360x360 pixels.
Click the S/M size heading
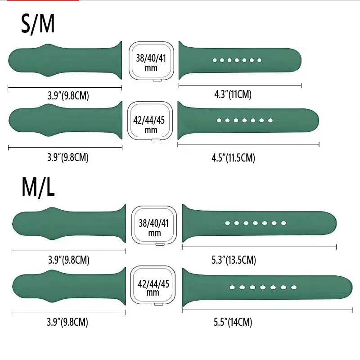(x=38, y=24)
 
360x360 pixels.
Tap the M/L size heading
(x=38, y=187)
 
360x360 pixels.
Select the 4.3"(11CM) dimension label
(x=233, y=94)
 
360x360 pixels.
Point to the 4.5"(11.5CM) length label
(x=233, y=158)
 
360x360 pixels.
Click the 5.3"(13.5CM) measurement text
(x=234, y=260)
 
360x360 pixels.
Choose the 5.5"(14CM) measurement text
(x=233, y=322)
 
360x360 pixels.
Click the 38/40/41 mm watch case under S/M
(x=151, y=61)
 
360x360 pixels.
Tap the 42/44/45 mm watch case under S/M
(x=150, y=121)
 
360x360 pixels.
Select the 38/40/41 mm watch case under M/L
(x=154, y=225)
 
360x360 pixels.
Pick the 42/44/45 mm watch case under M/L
(x=153, y=285)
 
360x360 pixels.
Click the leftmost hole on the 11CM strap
(x=215, y=60)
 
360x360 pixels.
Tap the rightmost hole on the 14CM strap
(x=294, y=287)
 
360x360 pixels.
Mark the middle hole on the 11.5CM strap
(x=244, y=120)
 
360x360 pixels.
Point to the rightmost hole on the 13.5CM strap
(x=283, y=223)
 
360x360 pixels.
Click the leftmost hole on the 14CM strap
(x=232, y=287)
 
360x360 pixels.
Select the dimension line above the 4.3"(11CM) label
(x=240, y=85)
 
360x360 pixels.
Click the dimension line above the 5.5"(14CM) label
(x=267, y=310)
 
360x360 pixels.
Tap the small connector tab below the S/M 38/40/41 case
(x=157, y=80)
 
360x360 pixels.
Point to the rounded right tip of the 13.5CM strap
(x=335, y=223)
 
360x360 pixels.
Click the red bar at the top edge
(x=43, y=0)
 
